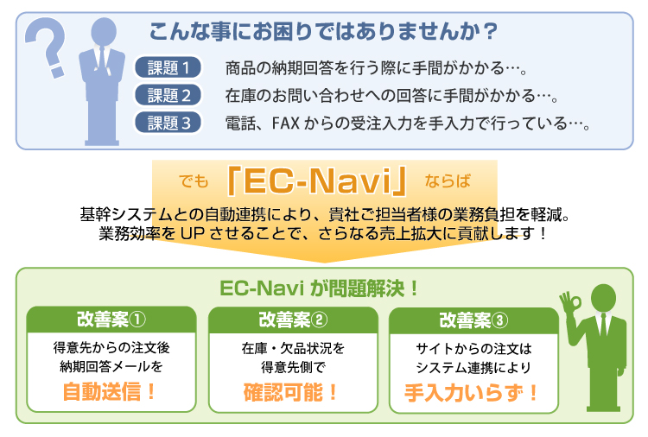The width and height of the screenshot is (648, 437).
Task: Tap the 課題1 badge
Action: tap(168, 67)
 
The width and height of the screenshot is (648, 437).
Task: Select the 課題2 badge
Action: tap(168, 95)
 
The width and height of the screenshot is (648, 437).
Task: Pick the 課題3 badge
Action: tap(168, 123)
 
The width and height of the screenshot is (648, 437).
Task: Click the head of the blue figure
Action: tap(104, 31)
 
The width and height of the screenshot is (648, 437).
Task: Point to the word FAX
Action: tap(285, 123)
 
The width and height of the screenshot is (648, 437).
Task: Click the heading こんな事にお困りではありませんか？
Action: tap(323, 32)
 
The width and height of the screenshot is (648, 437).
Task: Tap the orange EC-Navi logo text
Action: tap(317, 180)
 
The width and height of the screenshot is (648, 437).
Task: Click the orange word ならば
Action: tap(448, 180)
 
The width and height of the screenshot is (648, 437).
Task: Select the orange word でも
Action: tap(194, 180)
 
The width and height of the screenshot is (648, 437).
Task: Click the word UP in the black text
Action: tap(193, 234)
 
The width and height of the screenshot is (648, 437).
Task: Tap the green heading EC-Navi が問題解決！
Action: tap(319, 288)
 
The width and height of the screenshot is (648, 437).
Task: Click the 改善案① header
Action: tap(111, 320)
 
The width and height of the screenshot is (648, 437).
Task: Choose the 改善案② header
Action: tap(293, 320)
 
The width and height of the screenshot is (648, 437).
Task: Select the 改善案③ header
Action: tap(473, 320)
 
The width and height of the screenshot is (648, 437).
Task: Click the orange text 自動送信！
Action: tap(109, 391)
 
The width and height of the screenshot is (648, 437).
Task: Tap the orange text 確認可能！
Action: tap(290, 392)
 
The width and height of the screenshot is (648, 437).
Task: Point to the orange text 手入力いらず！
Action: tap(471, 393)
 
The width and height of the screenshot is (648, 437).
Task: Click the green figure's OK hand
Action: tap(570, 303)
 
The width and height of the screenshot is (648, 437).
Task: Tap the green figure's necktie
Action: tap(603, 325)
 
